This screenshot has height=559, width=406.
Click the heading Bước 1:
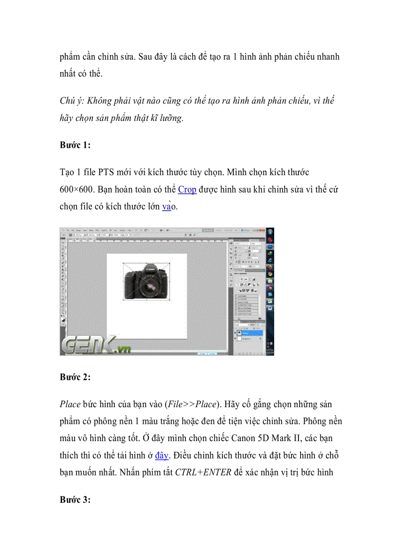pos(75,145)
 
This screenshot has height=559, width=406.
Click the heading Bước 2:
pos(75,377)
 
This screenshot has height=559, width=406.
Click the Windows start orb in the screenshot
pos(270,233)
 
